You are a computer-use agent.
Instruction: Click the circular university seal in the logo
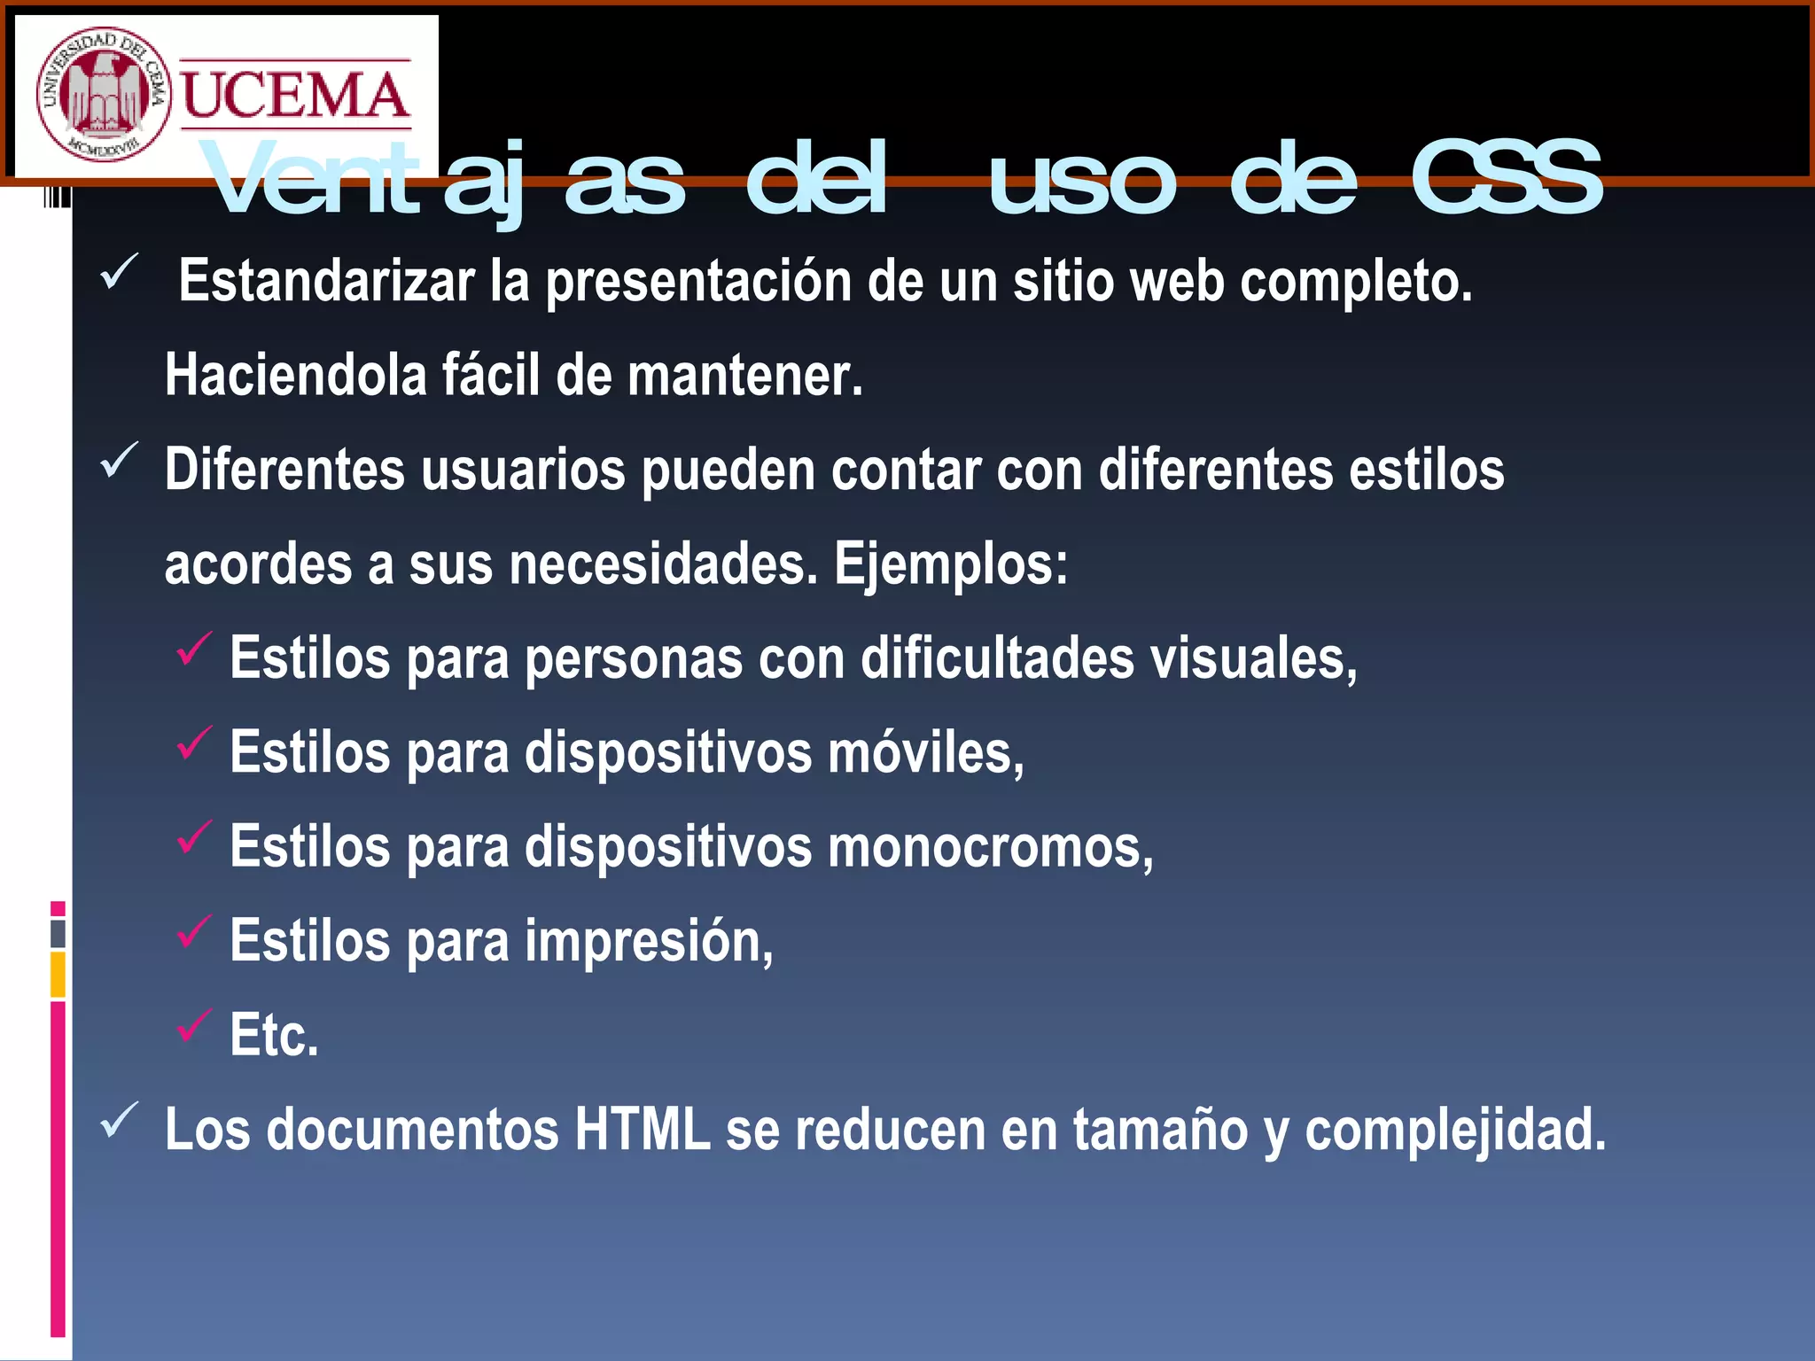coord(103,94)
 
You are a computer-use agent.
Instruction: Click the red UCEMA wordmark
coord(295,96)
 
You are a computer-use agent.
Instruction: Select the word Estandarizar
coord(327,281)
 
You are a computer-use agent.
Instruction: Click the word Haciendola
coord(296,375)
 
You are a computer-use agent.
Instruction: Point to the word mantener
coord(744,375)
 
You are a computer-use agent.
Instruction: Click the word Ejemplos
coord(950,564)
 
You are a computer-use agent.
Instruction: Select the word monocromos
coord(990,847)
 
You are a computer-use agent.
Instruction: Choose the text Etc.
coord(274,1035)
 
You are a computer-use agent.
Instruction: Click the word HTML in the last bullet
coord(643,1130)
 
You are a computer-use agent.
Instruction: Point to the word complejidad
coord(1455,1130)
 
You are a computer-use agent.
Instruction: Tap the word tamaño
coord(1160,1130)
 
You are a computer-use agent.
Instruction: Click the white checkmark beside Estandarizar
coord(120,272)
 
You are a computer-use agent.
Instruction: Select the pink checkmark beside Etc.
coord(194,1026)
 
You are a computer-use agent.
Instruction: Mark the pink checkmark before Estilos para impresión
coord(194,932)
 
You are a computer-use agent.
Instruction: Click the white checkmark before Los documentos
coord(120,1121)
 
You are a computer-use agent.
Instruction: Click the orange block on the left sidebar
coord(58,975)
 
